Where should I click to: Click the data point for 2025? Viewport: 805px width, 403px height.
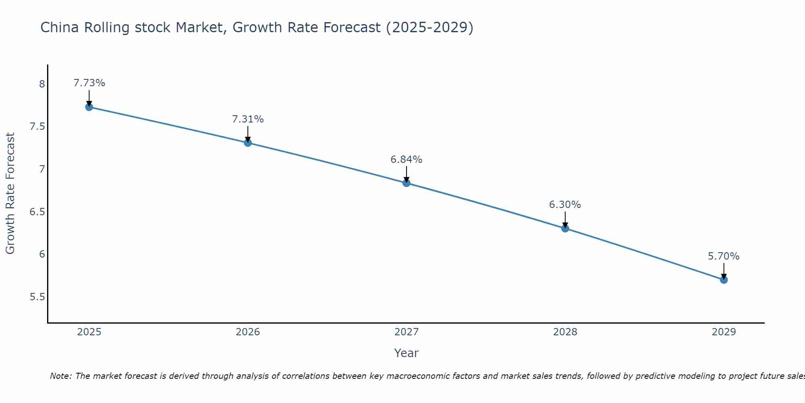click(x=89, y=107)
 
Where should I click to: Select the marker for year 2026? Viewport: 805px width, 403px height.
click(x=248, y=143)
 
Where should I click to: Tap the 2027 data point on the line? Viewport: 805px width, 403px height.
click(x=406, y=183)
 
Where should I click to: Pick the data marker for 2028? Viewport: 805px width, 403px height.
click(x=565, y=229)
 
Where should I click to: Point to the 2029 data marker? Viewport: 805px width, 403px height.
click(x=724, y=280)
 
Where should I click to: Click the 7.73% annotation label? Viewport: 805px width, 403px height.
click(x=89, y=83)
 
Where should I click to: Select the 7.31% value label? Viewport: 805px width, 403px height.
click(x=248, y=119)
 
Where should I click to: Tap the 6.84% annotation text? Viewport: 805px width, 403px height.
click(x=406, y=160)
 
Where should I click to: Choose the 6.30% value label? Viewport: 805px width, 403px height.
click(x=565, y=205)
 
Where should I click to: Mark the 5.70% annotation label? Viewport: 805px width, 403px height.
click(x=724, y=256)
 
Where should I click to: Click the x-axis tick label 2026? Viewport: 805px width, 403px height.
click(x=248, y=332)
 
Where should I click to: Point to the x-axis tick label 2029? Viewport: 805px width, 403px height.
click(x=724, y=332)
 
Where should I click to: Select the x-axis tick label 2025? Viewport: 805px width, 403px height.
click(x=89, y=332)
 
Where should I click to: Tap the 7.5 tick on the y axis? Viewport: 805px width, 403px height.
click(x=37, y=127)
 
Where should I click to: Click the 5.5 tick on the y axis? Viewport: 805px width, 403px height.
click(x=37, y=297)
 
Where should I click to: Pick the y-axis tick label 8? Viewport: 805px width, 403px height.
click(x=42, y=84)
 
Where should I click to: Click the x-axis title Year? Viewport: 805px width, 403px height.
click(x=406, y=353)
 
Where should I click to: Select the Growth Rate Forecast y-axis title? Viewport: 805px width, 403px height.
click(x=10, y=193)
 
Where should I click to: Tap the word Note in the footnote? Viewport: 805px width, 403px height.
click(x=60, y=376)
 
